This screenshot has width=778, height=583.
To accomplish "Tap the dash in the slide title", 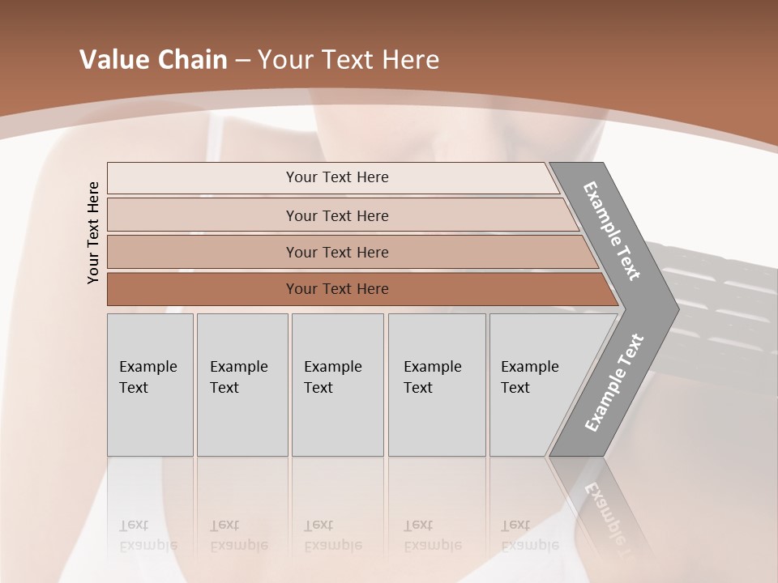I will [x=242, y=61].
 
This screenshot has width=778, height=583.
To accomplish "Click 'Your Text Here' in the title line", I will [x=348, y=60].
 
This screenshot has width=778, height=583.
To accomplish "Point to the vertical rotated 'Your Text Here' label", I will [x=93, y=233].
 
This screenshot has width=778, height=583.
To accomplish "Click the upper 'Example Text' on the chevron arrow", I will [x=612, y=231].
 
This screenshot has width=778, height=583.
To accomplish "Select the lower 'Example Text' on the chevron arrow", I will [x=613, y=382].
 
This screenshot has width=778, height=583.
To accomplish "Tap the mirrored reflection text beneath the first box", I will [x=147, y=535].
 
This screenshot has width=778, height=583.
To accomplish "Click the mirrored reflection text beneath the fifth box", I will [x=529, y=535].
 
